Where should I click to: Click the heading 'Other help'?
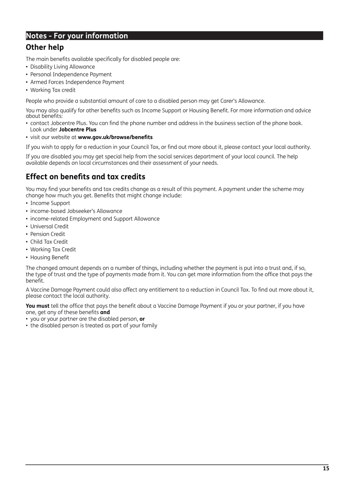point(45,47)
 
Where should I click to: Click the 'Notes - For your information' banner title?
point(77,36)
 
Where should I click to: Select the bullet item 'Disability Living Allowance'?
point(63,67)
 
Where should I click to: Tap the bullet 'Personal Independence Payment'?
point(71,75)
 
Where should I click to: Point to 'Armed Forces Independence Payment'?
point(77,82)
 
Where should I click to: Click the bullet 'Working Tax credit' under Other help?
point(53,90)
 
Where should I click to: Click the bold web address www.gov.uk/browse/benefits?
point(115,137)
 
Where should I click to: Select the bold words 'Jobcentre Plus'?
point(78,130)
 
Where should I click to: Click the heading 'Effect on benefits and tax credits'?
point(85,177)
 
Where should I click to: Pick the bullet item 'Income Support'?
point(50,203)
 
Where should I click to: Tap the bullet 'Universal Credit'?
point(49,227)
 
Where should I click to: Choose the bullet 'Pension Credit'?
point(47,234)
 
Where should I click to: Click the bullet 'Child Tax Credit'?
point(49,242)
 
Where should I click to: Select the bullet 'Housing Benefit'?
point(50,258)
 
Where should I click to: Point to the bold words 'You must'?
point(38,306)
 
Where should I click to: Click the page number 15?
point(326,469)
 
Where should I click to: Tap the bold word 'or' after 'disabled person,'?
point(142,319)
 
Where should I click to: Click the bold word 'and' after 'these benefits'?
point(105,313)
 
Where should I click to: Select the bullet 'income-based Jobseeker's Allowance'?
point(76,211)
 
